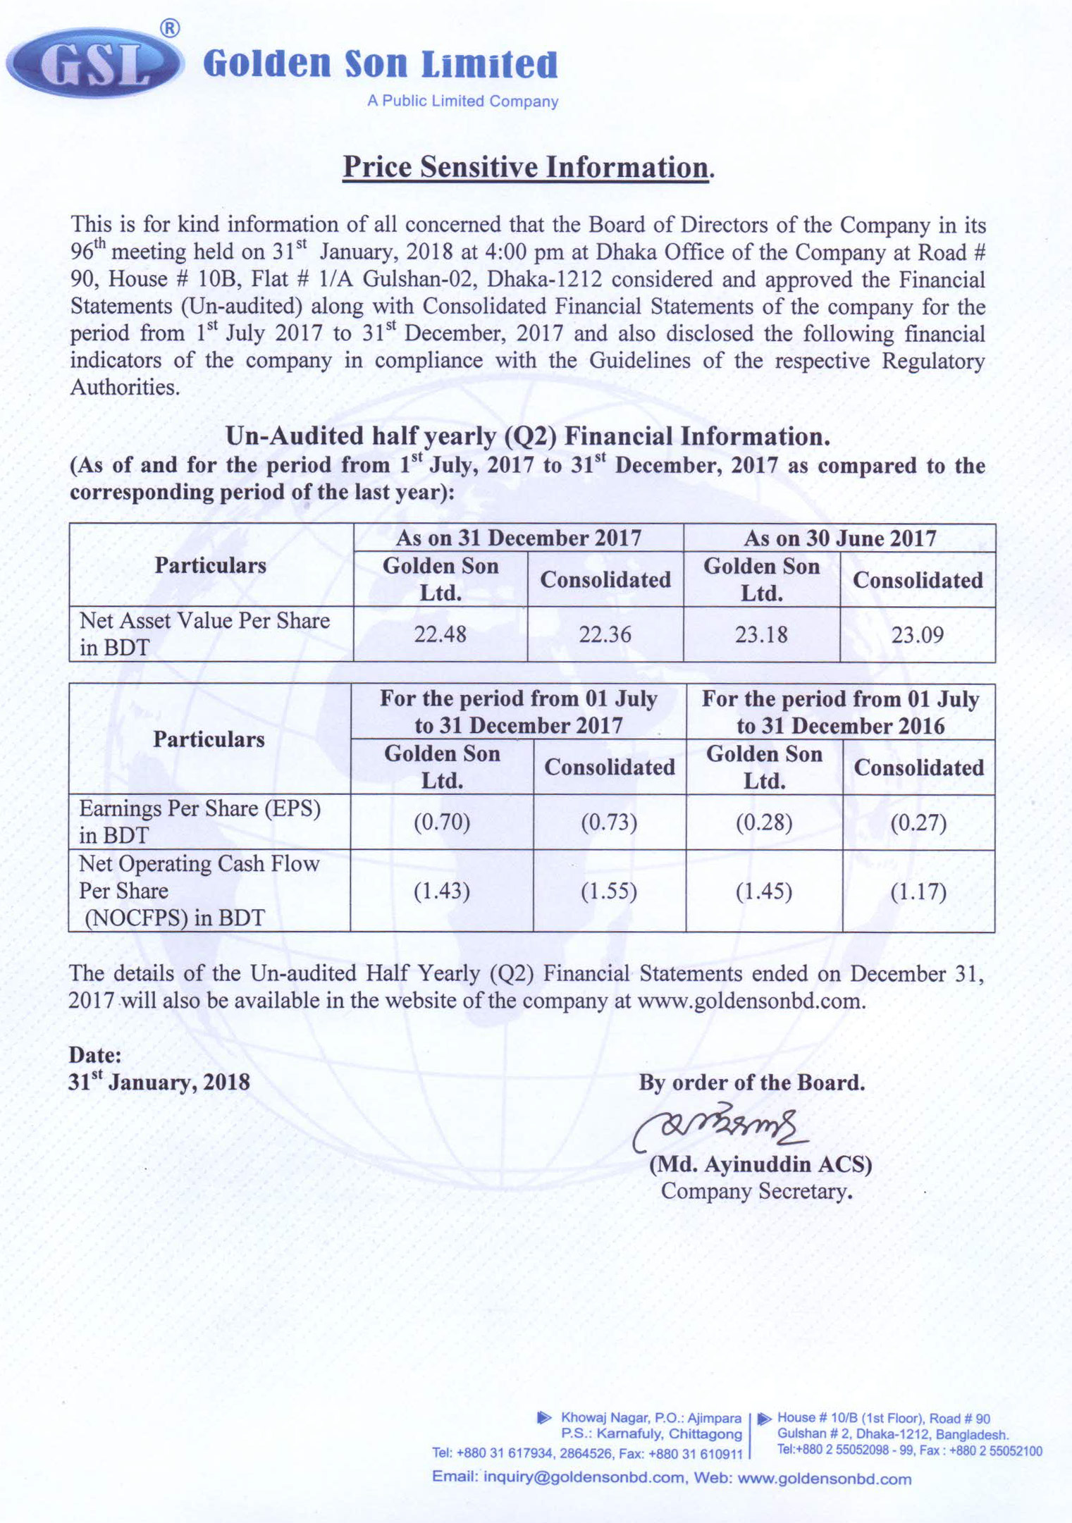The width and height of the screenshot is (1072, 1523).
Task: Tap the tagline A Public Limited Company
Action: click(462, 101)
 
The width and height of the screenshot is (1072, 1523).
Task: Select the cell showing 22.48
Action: click(440, 634)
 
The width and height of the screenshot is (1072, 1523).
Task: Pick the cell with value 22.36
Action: click(605, 634)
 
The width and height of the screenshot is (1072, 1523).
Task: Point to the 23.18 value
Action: click(761, 634)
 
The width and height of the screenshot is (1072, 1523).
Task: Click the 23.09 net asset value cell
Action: click(917, 635)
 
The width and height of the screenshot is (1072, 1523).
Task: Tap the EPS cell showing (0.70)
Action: click(441, 822)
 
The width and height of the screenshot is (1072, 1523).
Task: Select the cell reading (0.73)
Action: click(609, 822)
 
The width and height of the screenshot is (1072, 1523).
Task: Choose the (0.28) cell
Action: click(764, 822)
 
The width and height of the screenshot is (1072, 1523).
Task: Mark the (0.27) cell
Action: click(918, 822)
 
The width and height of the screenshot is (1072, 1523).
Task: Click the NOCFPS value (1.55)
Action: click(609, 892)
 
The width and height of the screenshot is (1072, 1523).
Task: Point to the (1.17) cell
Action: click(918, 892)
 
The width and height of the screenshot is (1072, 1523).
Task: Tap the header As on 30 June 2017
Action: click(839, 538)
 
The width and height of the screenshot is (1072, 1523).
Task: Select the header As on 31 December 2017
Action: click(518, 538)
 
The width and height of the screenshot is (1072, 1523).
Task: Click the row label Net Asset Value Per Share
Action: click(204, 621)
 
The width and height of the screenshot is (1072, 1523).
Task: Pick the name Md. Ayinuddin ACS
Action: click(760, 1164)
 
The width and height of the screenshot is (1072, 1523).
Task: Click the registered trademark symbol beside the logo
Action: click(170, 28)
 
